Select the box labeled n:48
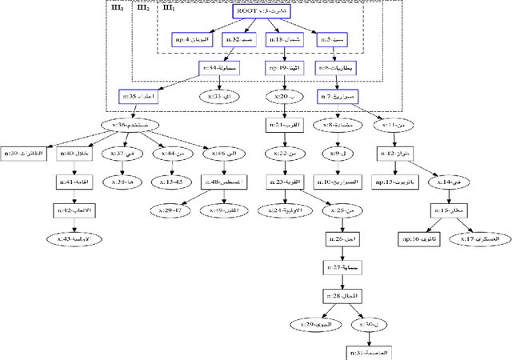point(221,182)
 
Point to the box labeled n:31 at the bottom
point(369,352)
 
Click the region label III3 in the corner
point(116,9)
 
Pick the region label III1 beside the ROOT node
point(169,9)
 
